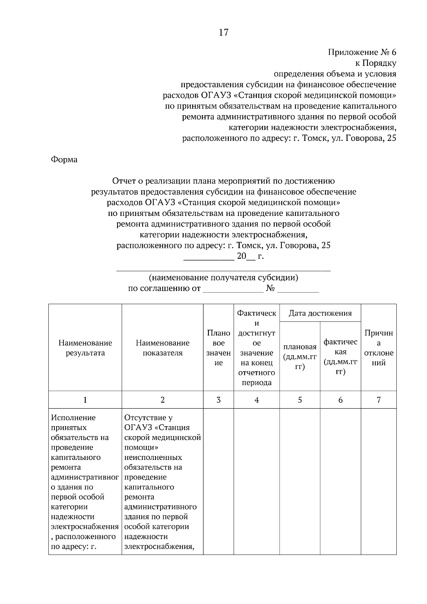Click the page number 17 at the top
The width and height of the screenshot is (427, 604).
(x=223, y=33)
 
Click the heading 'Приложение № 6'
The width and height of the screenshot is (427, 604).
(x=362, y=53)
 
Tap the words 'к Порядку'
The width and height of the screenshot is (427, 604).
(x=376, y=63)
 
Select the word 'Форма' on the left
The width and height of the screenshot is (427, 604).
(x=64, y=159)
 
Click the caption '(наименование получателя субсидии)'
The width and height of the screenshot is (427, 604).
(x=223, y=277)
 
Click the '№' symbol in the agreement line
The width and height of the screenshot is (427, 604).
(x=270, y=288)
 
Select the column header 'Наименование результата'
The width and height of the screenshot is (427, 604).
(x=85, y=348)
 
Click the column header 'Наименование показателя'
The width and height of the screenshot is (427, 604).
(x=162, y=348)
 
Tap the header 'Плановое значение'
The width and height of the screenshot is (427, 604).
(x=218, y=348)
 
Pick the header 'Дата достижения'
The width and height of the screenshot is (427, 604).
(x=320, y=313)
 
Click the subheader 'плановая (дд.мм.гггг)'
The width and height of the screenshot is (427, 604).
(x=300, y=356)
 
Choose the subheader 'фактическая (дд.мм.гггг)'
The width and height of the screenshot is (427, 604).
(x=340, y=356)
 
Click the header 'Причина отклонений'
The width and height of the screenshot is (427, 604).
(x=379, y=348)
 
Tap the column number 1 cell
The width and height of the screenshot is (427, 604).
(x=85, y=400)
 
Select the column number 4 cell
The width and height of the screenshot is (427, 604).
(x=257, y=400)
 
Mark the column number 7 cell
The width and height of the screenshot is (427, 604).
(x=379, y=400)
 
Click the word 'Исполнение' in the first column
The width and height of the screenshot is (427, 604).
(x=73, y=418)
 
